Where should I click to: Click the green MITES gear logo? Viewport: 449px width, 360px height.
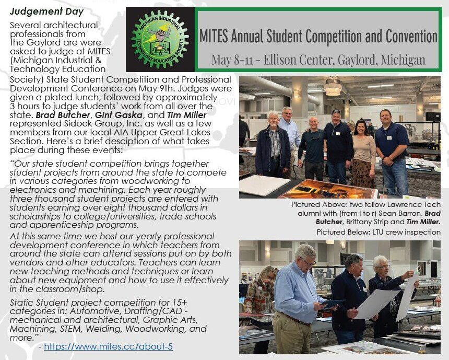tap(160, 39)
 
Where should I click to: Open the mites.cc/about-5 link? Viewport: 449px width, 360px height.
tap(108, 346)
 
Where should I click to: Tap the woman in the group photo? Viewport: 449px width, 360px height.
tap(364, 152)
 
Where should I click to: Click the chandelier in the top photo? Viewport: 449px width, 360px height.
tap(332, 87)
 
